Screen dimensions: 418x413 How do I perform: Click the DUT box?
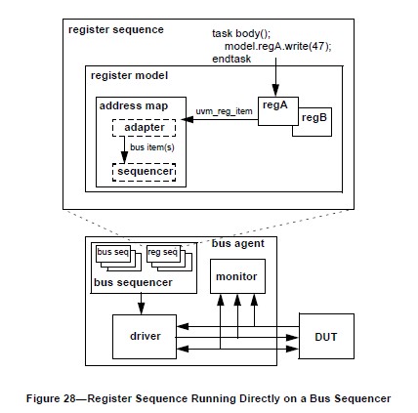point(326,336)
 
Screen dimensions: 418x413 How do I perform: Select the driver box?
point(145,337)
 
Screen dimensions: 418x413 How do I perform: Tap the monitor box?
point(237,276)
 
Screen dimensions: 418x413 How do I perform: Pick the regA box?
point(278,111)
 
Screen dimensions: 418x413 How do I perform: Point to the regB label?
point(314,117)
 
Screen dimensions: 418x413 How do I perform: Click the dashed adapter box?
point(144,128)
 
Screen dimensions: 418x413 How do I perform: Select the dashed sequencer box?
point(144,172)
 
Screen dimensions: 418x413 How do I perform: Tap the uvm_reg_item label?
point(224,111)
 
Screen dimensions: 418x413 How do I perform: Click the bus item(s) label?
point(152,147)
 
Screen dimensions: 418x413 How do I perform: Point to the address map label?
point(134,105)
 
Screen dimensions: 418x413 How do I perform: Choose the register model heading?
point(129,75)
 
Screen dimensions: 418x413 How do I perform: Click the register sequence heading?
point(116,29)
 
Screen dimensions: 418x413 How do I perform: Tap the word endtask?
point(231,59)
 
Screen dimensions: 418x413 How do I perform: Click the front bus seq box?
point(113,253)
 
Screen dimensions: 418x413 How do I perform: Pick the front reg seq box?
point(163,253)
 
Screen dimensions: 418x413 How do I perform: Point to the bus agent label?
point(238,243)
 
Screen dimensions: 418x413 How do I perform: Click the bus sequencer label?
point(133,282)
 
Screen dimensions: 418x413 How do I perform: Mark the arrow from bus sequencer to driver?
point(141,304)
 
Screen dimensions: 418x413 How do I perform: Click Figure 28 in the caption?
point(51,398)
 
